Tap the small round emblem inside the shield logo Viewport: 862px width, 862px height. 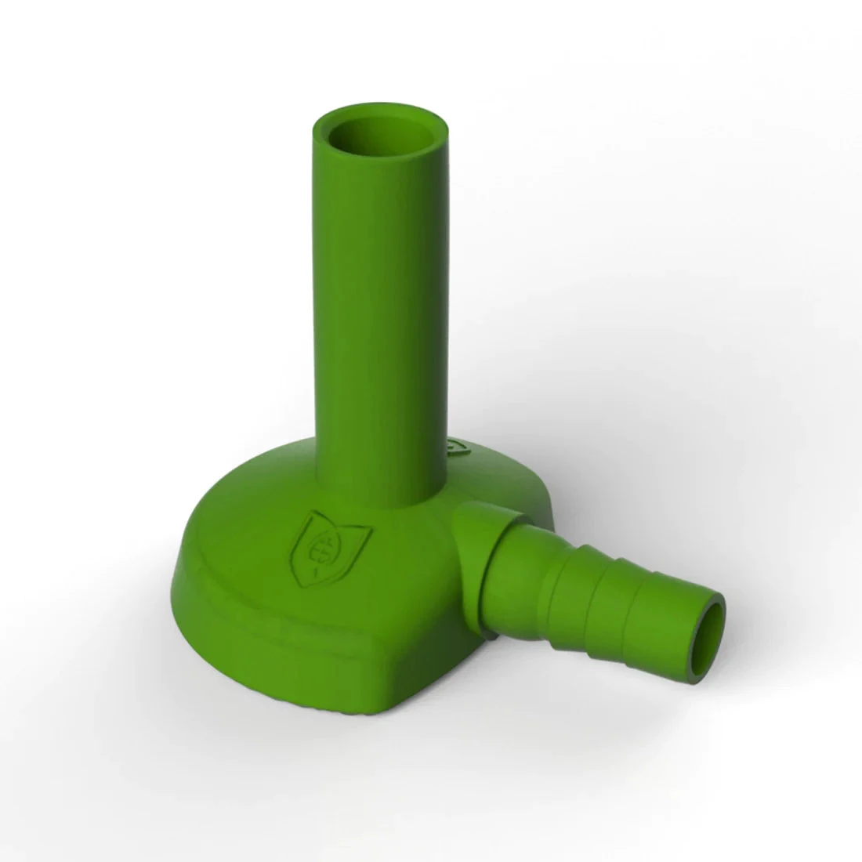click(317, 543)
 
